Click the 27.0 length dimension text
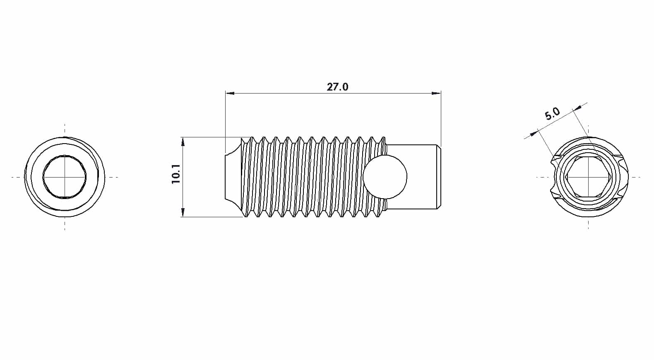point(337,87)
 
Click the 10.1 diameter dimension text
point(176,174)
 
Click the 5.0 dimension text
point(552,113)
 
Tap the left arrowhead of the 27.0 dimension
point(230,93)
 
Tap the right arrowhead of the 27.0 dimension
point(436,93)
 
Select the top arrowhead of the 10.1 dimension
point(183,141)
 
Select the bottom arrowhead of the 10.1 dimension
point(183,213)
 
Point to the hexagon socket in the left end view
point(65,177)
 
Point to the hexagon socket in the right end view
point(588,177)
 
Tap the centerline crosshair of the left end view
point(65,177)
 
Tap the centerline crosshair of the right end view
point(588,177)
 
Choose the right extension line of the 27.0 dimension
point(441,120)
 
